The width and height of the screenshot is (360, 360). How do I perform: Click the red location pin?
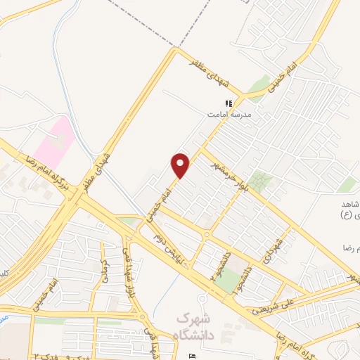[x=181, y=165]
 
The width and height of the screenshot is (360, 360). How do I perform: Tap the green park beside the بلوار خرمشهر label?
[x=259, y=182]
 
